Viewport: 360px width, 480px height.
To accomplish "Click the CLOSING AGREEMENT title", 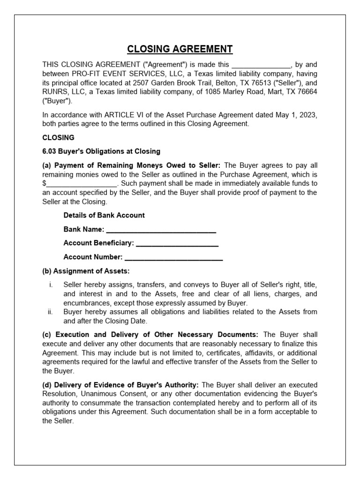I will tap(180, 49).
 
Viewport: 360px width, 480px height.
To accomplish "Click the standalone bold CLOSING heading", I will tap(59, 138).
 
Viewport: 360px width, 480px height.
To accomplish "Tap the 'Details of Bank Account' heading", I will tap(104, 215).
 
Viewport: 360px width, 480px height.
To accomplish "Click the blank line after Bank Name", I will tap(161, 230).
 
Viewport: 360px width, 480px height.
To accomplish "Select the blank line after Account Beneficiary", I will tap(177, 243).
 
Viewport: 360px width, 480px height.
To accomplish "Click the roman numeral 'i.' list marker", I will tap(51, 285).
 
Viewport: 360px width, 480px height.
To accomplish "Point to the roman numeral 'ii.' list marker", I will tap(50, 312).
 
